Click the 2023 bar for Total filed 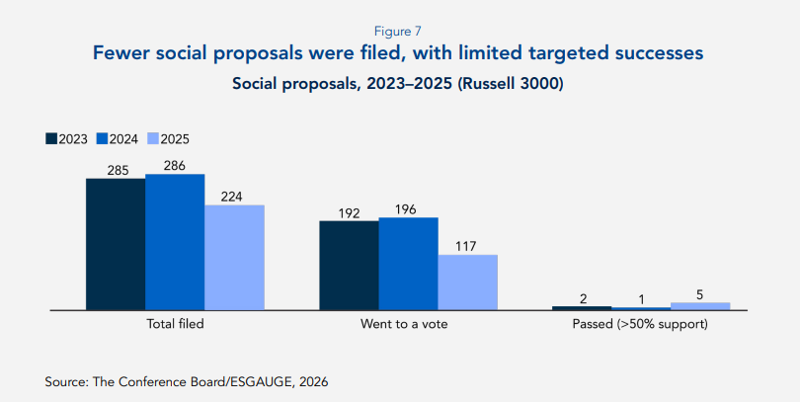coord(116,245)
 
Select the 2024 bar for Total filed coord(175,243)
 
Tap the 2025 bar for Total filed coord(234,258)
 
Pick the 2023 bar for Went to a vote coord(349,266)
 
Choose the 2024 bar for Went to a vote coord(408,264)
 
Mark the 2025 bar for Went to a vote coord(467,283)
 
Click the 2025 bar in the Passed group coord(700,306)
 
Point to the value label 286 coord(175,165)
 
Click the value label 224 coord(234,196)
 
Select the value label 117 coord(467,246)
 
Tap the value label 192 coord(349,211)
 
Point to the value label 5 coord(700,293)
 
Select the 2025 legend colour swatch coord(153,138)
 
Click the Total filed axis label coord(175,324)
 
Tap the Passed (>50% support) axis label coord(641,324)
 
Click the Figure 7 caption coord(399,31)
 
